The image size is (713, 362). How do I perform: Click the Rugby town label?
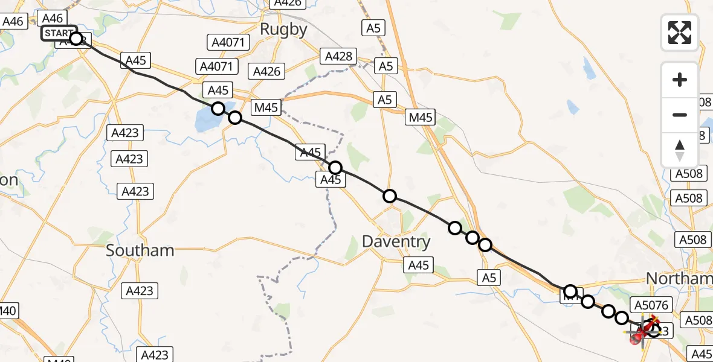click(x=283, y=29)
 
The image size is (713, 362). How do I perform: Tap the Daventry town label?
click(x=396, y=242)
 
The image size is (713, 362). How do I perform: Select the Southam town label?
click(x=140, y=250)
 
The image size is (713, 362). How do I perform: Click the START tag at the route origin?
click(x=59, y=33)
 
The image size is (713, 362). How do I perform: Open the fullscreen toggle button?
click(x=680, y=33)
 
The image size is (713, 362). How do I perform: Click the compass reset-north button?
click(x=680, y=150)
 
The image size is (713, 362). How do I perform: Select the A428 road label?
click(x=338, y=57)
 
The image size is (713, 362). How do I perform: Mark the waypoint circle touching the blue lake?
click(x=218, y=109)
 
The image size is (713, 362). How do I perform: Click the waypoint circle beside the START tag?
click(x=76, y=39)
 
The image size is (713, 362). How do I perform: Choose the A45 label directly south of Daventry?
click(x=418, y=265)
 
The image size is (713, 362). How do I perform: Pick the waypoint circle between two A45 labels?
click(x=335, y=168)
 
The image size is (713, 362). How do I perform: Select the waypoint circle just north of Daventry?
click(x=390, y=196)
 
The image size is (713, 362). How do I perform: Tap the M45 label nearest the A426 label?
click(x=266, y=108)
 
